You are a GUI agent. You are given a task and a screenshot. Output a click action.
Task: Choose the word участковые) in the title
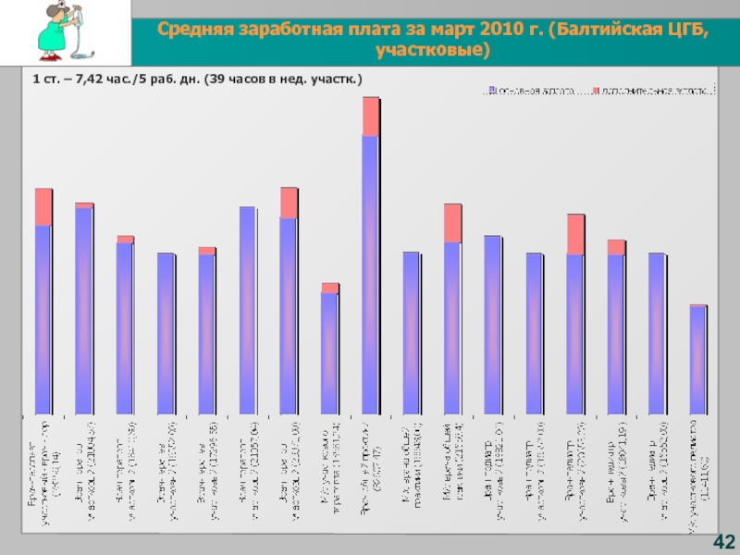coord(435,50)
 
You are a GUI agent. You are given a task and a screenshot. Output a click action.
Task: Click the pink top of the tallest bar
coord(370,117)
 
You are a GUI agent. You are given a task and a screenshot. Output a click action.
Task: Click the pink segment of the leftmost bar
coord(43,207)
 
